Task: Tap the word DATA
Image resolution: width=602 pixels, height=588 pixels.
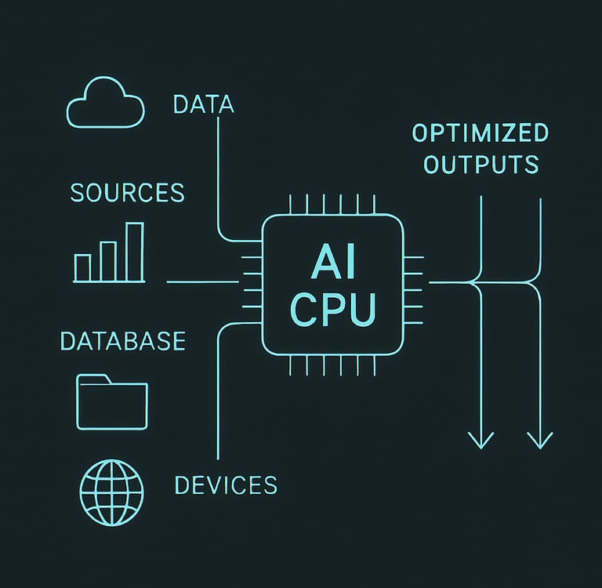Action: click(x=203, y=104)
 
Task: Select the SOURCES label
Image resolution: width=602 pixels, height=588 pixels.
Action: click(x=127, y=193)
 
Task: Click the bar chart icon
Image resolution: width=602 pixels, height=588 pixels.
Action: click(x=110, y=252)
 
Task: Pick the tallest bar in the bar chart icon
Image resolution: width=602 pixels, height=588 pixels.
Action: click(x=135, y=252)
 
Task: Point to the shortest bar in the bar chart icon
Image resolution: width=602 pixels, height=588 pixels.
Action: click(x=82, y=267)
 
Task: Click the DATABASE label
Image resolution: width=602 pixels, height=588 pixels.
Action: click(x=123, y=341)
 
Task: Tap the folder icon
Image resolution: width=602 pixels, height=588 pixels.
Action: click(x=112, y=401)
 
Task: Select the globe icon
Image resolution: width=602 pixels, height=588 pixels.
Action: click(x=112, y=492)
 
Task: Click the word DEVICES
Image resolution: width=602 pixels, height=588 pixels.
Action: click(x=226, y=485)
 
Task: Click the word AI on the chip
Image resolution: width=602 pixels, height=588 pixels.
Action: click(x=333, y=262)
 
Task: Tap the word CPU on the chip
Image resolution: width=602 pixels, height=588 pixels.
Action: click(x=333, y=308)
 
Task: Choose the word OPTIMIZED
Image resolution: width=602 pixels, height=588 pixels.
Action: click(x=480, y=133)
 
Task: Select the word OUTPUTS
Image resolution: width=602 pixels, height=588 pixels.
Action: click(x=476, y=165)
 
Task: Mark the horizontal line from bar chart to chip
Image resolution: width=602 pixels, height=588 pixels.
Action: click(x=202, y=281)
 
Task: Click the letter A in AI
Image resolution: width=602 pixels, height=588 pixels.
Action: click(x=323, y=262)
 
